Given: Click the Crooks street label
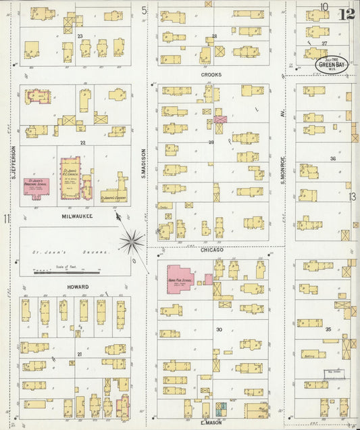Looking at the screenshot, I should point(211,75).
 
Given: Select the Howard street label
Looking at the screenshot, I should point(78,287).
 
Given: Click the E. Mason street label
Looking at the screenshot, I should point(212,424).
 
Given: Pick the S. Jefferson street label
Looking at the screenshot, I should point(13,162).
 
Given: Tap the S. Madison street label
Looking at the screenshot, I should point(144,163).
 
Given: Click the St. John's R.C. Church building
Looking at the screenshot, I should point(70,178).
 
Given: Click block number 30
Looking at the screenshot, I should point(218,329).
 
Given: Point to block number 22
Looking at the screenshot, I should point(82,143).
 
